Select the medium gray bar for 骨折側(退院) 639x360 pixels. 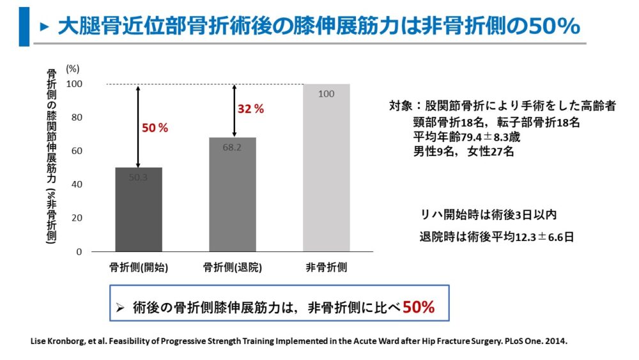[x=233, y=194]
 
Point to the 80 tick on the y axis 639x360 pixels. [x=76, y=118]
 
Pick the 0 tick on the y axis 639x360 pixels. [x=79, y=252]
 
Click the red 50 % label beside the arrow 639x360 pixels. [x=155, y=128]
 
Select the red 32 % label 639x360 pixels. [x=250, y=109]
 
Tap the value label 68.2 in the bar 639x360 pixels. [x=232, y=147]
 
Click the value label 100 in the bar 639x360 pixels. [x=326, y=94]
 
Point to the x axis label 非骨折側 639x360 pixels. [x=326, y=268]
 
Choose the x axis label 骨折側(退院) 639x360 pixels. [x=232, y=268]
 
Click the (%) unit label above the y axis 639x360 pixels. [x=73, y=68]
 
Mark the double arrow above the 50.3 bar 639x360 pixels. [x=138, y=125]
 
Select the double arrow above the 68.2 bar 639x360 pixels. [x=235, y=110]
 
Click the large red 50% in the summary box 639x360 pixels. [x=419, y=307]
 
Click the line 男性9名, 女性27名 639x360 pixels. [x=463, y=152]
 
